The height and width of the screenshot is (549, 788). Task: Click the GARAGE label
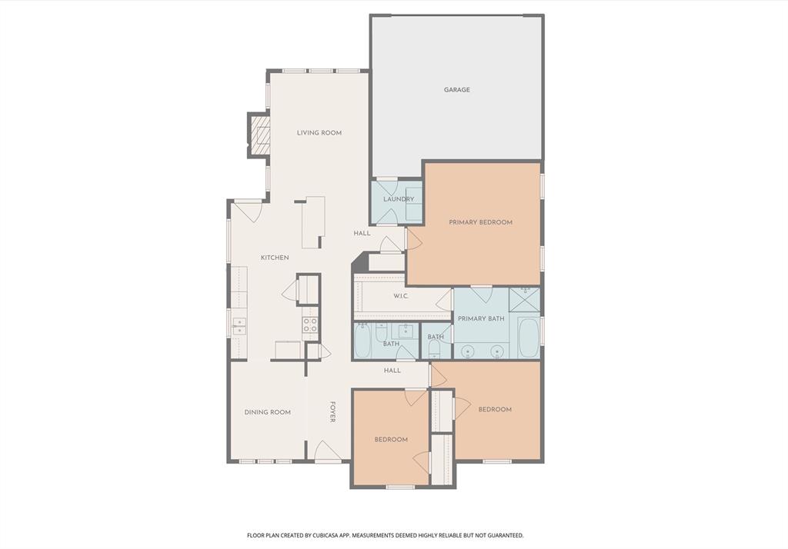click(x=456, y=90)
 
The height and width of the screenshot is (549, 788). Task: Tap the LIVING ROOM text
click(x=319, y=133)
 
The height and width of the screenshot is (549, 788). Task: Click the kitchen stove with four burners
click(x=310, y=324)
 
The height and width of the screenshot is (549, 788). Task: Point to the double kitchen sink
click(x=239, y=326)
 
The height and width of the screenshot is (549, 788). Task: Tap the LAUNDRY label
click(x=399, y=199)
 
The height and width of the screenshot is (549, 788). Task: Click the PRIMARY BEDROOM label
click(x=480, y=222)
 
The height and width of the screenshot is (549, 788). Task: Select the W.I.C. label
click(x=400, y=296)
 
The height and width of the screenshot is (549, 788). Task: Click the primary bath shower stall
click(x=525, y=300)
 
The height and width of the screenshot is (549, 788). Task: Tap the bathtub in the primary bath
click(x=528, y=339)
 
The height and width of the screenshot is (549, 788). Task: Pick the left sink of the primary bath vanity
click(x=466, y=351)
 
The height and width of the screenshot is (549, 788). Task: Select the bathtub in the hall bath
click(x=363, y=341)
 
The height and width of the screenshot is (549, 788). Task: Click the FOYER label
click(x=333, y=411)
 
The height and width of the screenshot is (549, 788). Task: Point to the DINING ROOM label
click(x=268, y=412)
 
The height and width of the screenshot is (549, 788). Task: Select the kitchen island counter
click(x=312, y=222)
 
